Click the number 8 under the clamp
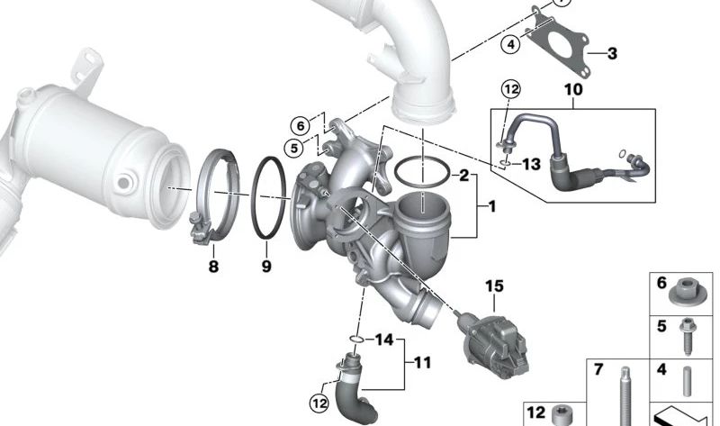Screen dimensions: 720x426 pyautogui.click(x=213, y=266)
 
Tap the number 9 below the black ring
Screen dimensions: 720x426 pyautogui.click(x=266, y=266)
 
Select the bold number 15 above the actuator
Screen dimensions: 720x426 pyautogui.click(x=494, y=286)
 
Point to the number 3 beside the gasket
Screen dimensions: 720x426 pyautogui.click(x=612, y=53)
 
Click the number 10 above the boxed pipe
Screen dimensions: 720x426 pyautogui.click(x=573, y=89)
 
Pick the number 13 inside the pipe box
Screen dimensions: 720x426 pyautogui.click(x=532, y=164)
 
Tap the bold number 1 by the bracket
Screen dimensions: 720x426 pyautogui.click(x=491, y=207)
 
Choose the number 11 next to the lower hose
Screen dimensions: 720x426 pyautogui.click(x=422, y=363)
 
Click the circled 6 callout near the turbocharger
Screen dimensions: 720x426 pyautogui.click(x=301, y=125)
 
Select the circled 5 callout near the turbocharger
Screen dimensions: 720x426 pyautogui.click(x=294, y=149)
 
